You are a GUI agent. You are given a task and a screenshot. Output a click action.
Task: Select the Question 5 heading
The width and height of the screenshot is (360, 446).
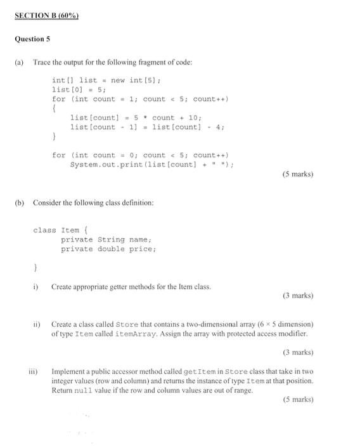31,39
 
